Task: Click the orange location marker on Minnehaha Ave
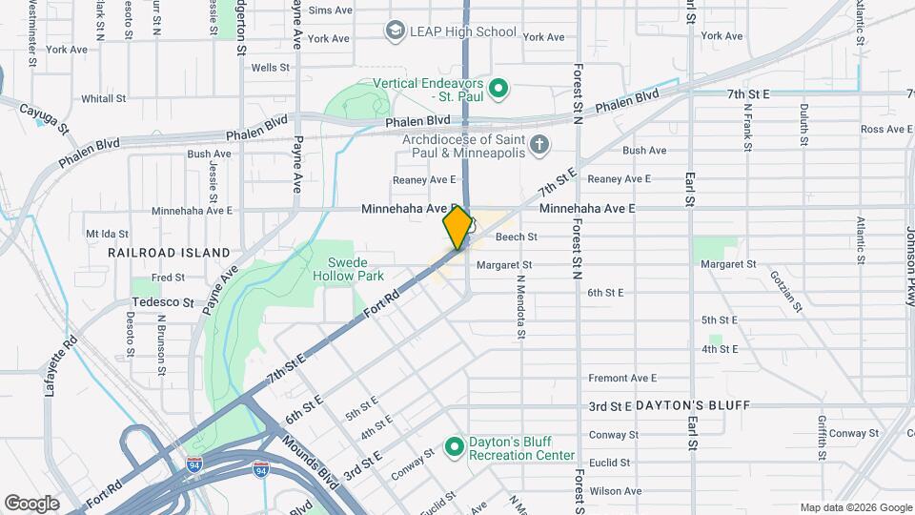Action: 457,228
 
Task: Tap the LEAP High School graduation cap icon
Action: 394,31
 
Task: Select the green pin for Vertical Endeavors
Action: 498,90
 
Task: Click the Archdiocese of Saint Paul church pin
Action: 539,145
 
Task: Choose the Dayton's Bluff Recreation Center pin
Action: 455,446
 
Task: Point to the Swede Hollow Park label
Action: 348,269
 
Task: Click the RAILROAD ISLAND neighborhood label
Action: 169,253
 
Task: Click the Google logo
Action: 31,503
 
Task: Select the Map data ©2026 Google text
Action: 855,507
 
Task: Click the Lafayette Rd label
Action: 60,361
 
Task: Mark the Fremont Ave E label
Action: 623,378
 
